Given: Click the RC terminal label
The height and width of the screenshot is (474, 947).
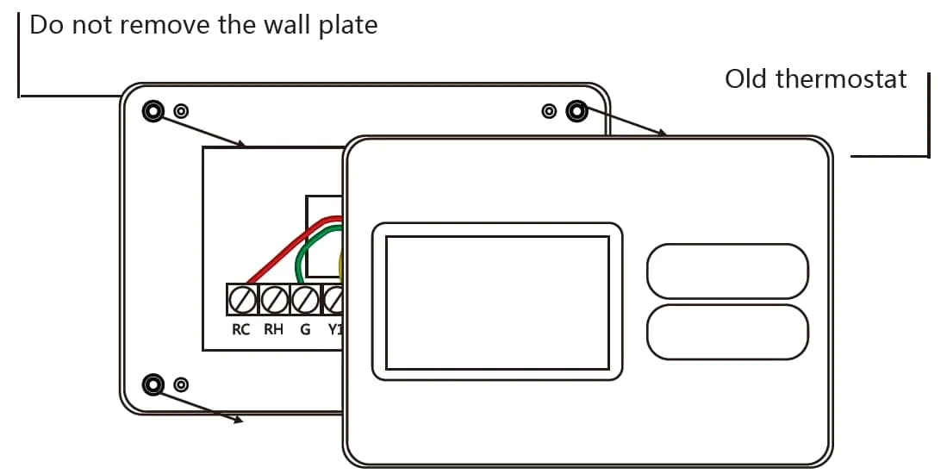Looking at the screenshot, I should (x=241, y=329).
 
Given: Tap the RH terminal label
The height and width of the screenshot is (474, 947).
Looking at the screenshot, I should (x=273, y=329).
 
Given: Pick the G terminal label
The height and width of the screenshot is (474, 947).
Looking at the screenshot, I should (x=304, y=329).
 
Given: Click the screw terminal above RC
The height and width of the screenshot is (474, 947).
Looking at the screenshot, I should (x=242, y=300).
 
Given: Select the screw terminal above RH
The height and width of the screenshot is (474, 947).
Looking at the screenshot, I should (x=273, y=300).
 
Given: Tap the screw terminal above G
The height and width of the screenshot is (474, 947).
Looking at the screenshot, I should (x=304, y=300).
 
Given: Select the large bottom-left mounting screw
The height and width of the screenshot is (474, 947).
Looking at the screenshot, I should (x=153, y=384).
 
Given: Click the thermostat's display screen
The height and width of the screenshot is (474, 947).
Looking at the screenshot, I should (x=496, y=302).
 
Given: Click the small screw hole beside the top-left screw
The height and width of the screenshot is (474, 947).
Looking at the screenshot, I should (x=181, y=111).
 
